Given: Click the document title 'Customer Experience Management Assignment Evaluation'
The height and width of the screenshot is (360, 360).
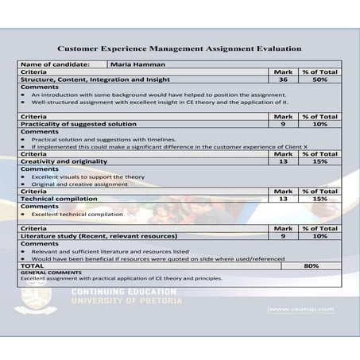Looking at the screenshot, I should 180,48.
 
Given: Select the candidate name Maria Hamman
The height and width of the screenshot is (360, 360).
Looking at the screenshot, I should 137,64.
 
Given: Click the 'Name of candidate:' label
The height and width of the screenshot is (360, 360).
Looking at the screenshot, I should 54,64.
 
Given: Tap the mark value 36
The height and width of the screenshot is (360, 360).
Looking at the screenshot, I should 283,79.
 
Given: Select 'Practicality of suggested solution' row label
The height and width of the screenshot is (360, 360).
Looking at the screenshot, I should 78,124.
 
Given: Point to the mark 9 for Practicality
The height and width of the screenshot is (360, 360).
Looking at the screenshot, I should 283,124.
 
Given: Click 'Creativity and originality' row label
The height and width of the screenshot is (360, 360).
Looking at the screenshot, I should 64,161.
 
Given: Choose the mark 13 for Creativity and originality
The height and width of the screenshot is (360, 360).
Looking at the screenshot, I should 283,161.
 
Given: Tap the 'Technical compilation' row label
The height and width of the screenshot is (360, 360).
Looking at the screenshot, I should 59,199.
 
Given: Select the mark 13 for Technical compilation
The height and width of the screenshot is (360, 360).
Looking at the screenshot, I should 283,199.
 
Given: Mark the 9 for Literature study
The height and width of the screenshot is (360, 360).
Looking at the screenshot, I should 283,236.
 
